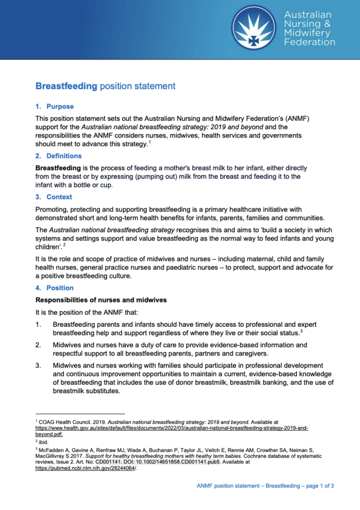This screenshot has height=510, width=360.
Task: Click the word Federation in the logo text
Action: (309, 42)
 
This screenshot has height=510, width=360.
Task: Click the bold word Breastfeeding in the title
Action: (66, 86)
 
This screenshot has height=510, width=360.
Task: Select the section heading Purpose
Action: (60, 106)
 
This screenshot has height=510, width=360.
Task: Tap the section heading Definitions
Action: (64, 156)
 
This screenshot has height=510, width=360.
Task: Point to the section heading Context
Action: (59, 197)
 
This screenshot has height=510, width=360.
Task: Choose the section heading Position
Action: (60, 288)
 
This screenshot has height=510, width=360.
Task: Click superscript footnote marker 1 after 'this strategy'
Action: (150, 142)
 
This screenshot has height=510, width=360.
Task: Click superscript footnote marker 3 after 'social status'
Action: (301, 330)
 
